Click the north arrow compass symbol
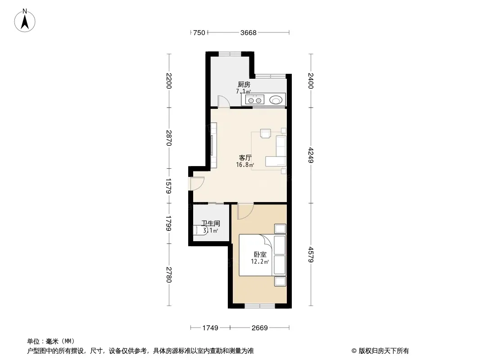25,21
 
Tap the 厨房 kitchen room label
244,85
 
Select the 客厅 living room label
245,158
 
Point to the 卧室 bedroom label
260,255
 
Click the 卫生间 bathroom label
211,224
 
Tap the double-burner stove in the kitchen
255,100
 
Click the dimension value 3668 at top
248,33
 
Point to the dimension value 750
199,33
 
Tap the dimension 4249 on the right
311,155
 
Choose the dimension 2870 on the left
169,138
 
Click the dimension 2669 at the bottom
260,328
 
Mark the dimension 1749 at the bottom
210,328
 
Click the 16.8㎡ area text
245,165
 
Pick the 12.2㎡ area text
260,261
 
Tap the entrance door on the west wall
196,184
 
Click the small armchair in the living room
265,134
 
